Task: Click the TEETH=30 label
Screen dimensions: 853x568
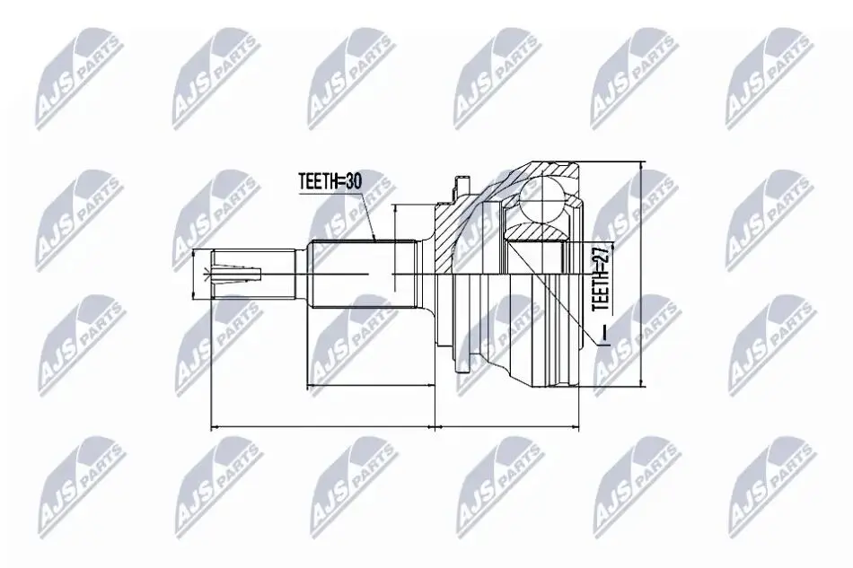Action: click(x=330, y=181)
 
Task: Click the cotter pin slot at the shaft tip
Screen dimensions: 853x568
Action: click(x=238, y=274)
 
